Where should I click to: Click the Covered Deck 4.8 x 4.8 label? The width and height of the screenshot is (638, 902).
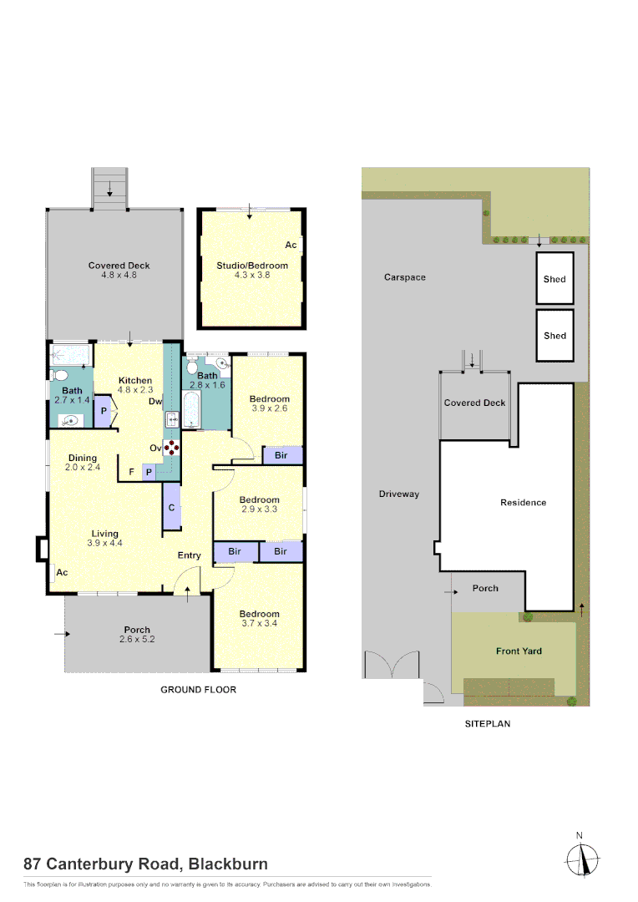pos(119,270)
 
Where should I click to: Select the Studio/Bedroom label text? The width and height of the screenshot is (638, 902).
pos(251,266)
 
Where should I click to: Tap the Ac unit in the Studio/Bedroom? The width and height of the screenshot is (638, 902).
pos(291,245)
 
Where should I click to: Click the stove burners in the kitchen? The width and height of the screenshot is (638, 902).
pos(172,447)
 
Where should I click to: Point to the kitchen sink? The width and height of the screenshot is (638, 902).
pos(173,419)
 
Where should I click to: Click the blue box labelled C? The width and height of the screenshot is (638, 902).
pos(171,508)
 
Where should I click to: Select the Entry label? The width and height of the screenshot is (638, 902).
pos(189,555)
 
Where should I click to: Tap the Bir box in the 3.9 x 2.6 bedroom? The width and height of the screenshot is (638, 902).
pos(281,455)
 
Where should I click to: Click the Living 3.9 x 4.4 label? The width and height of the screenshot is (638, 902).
pos(104,538)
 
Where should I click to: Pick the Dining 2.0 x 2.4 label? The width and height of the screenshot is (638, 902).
pos(83,463)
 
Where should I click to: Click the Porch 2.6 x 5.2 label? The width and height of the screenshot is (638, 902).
pos(137,634)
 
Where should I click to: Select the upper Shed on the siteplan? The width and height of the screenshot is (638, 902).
pos(554,279)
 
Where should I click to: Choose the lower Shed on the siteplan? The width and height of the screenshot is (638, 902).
pos(554,335)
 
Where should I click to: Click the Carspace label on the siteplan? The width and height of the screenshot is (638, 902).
pos(404,277)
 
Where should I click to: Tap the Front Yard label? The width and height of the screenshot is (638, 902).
pos(519,651)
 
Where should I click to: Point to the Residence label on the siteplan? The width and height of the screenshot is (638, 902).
pos(523,502)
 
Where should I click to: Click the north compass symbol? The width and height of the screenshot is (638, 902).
pos(583,857)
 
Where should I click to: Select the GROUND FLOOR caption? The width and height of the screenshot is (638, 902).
pos(198,690)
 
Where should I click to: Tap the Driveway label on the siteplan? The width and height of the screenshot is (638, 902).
pos(398,494)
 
